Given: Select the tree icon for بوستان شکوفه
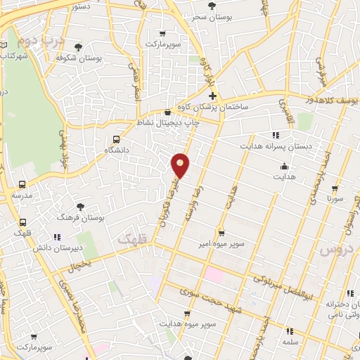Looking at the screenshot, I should tap(77, 47).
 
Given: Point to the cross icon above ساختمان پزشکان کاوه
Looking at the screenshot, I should tap(212, 95).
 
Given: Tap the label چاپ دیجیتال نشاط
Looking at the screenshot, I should tap(167, 122).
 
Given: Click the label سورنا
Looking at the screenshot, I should tap(334, 199).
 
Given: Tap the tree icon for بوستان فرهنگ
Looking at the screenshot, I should tap(82, 207).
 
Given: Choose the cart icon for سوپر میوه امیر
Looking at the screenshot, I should tap(221, 232).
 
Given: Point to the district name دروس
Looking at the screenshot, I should tap(335, 249).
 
